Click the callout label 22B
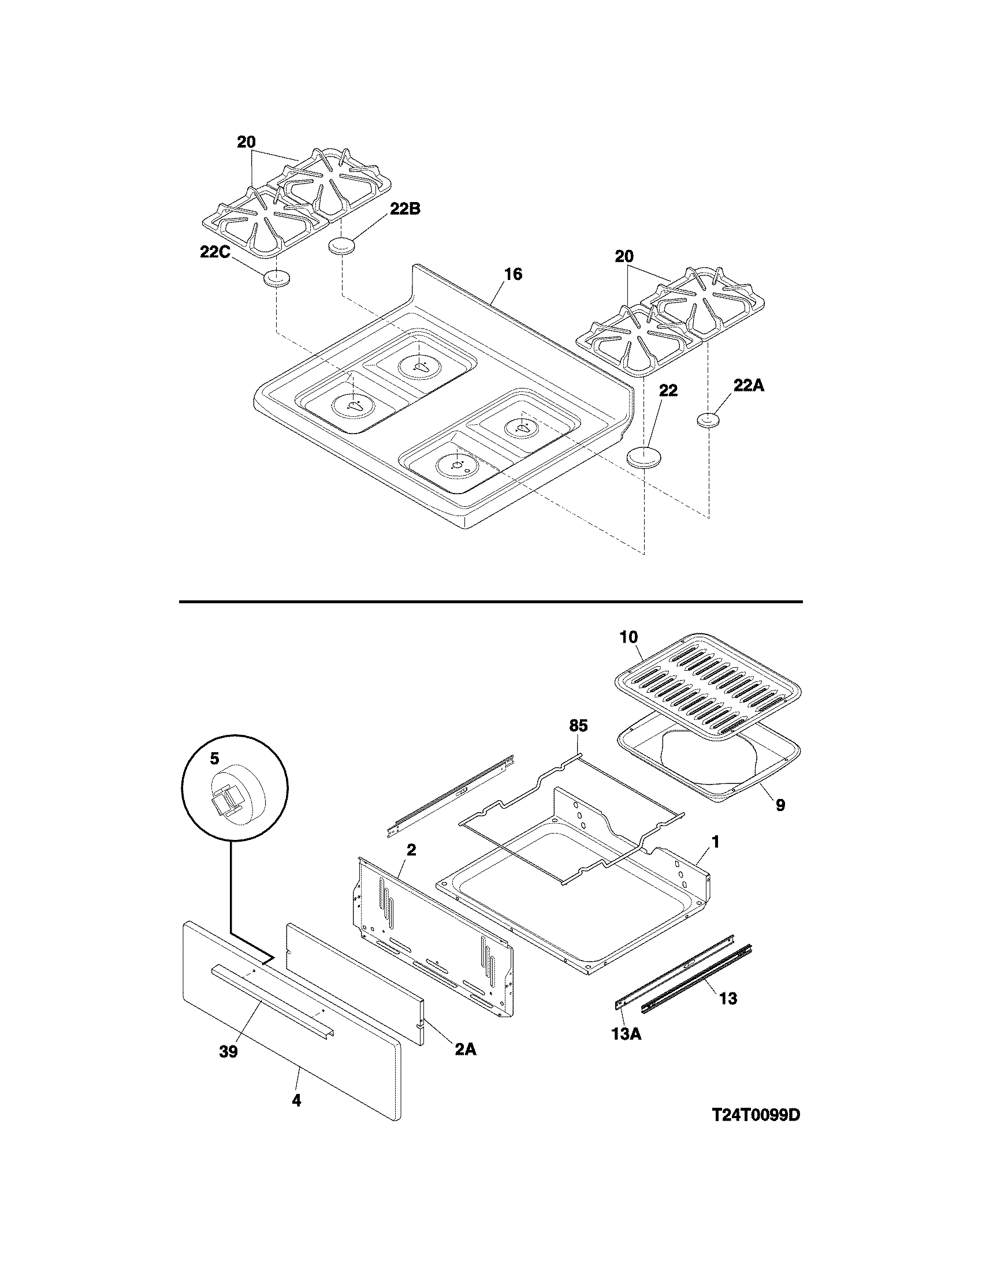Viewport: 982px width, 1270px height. (x=405, y=209)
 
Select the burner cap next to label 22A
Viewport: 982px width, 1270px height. (x=708, y=420)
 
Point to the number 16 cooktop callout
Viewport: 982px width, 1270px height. (x=512, y=274)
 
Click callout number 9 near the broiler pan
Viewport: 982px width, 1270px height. (x=780, y=805)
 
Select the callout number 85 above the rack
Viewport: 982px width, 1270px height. (x=578, y=725)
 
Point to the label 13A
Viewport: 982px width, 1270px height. (x=626, y=1034)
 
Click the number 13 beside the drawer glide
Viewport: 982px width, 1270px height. (x=728, y=998)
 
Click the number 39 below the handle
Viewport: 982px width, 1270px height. (x=229, y=1052)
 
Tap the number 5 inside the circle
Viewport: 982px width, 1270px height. (x=215, y=759)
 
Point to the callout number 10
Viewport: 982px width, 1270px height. (x=629, y=636)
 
